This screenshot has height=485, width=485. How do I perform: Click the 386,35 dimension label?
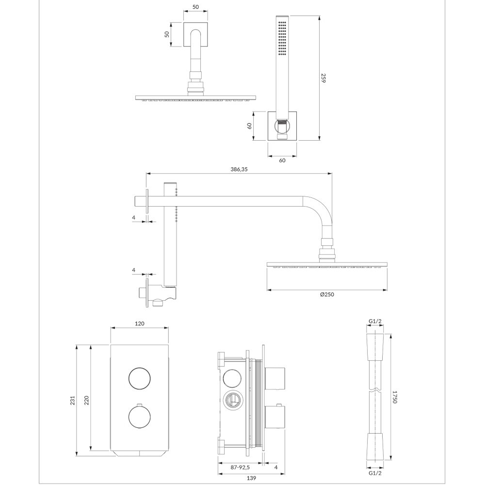239,169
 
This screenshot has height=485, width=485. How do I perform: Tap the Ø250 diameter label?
327,294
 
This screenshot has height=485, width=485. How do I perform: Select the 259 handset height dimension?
323,78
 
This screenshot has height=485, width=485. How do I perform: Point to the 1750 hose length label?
394,397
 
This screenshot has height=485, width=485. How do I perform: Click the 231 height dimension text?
73,401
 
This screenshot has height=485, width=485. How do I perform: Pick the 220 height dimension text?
87,401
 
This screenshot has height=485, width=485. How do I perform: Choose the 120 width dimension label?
140,323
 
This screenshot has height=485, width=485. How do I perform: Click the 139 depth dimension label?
252,478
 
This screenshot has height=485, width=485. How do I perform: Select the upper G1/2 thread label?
375,322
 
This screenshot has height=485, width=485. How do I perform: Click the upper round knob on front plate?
140,379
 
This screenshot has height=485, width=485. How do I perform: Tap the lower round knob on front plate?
140,417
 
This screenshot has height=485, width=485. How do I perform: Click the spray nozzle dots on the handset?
282,38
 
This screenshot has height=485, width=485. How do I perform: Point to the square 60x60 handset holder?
282,126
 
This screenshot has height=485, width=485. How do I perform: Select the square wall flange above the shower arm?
195,34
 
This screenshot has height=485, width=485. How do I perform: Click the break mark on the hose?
375,388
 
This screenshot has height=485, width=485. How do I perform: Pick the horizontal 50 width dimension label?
195,7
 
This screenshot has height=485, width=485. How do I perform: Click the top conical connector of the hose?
375,347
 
